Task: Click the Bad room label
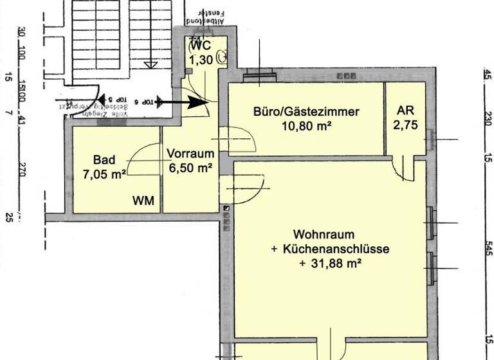pos(104,160)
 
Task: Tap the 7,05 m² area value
pos(104,174)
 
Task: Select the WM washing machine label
pos(143,201)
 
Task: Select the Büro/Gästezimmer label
pos(306,112)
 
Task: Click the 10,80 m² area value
pos(306,126)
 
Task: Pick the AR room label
pos(406,110)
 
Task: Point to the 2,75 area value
pos(406,125)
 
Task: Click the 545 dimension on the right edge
pos(489,249)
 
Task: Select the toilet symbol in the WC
pos(222,56)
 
